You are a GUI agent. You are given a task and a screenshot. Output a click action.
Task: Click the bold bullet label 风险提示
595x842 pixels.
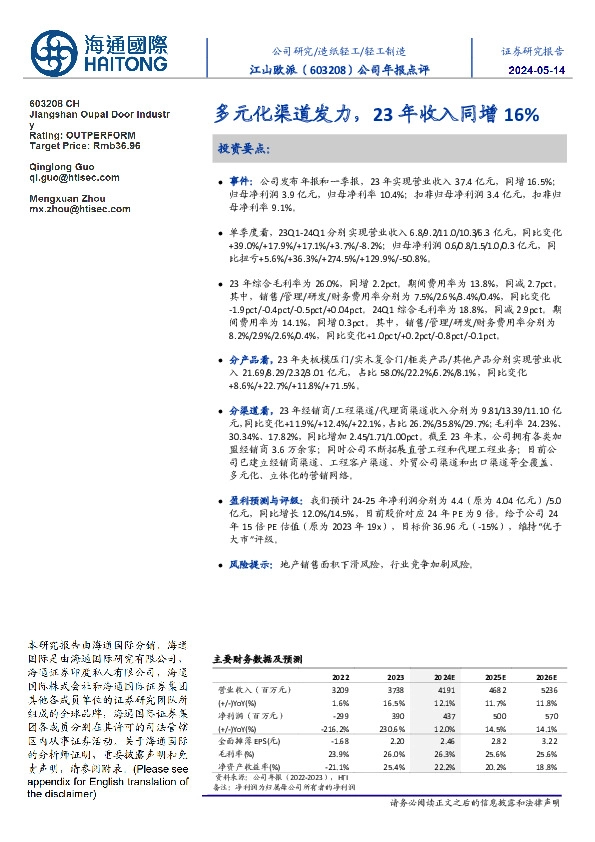(x=251, y=565)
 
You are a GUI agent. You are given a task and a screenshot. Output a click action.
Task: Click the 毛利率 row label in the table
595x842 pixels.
(x=232, y=758)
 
